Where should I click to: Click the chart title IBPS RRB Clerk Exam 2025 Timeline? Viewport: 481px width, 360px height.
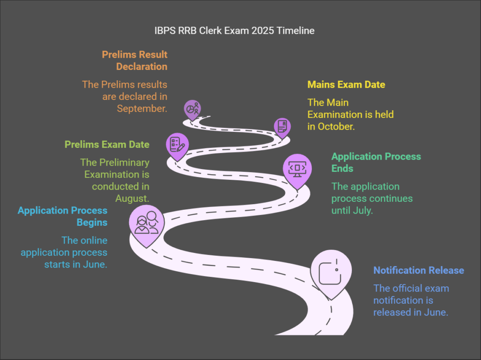(234, 31)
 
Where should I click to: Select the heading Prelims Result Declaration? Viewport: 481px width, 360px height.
(135, 61)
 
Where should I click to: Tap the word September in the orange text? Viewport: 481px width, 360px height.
(141, 108)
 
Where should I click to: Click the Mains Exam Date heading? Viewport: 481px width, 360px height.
(346, 84)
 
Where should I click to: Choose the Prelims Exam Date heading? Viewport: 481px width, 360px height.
(107, 145)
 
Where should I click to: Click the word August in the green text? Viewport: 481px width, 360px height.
(132, 199)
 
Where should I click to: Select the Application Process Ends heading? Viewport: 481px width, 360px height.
(376, 162)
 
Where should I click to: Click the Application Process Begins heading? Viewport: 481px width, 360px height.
(62, 216)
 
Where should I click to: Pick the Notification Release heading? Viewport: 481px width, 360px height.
(419, 270)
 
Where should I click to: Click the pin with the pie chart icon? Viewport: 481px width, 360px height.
(192, 109)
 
